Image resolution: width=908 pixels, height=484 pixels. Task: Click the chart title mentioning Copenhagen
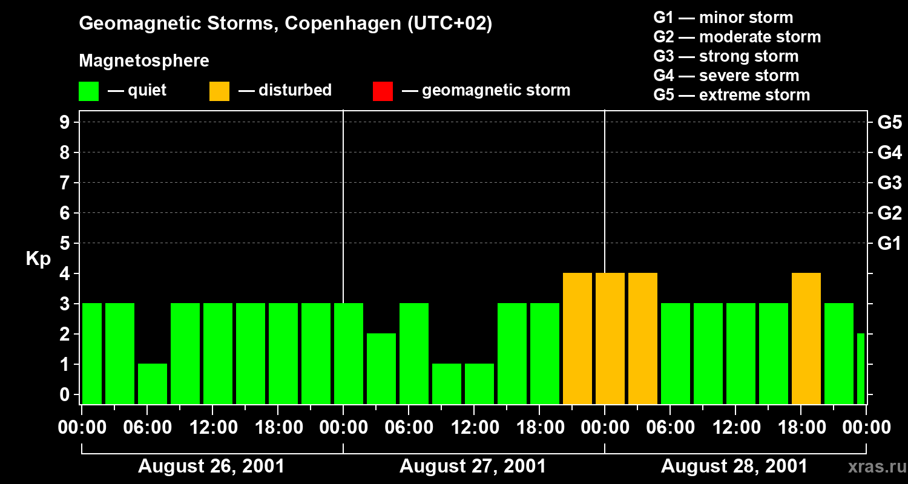coord(285,24)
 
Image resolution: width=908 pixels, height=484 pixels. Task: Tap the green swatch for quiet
coord(89,91)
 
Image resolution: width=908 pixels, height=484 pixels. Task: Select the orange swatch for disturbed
coord(219,91)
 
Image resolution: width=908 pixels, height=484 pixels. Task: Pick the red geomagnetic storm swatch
coord(383,91)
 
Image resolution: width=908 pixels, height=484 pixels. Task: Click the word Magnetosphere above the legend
coord(144,61)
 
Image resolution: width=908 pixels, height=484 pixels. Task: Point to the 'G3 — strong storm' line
coord(726,56)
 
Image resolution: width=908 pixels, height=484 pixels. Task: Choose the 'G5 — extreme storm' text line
coord(731,95)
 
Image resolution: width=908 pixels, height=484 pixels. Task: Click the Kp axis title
coord(38,259)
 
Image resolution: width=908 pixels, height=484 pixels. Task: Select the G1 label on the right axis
coord(889,244)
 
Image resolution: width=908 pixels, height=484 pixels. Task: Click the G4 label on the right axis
coord(889,152)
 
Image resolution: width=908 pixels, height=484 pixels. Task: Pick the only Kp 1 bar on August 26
coord(153,384)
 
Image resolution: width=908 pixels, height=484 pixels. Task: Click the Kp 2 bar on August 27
coord(381,368)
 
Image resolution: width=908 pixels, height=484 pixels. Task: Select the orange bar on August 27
coord(577,338)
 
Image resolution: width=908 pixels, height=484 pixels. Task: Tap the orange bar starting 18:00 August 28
coord(806,338)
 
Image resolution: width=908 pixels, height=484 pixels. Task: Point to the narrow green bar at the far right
coord(861,368)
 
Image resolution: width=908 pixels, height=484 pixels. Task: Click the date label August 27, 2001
coord(473,466)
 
